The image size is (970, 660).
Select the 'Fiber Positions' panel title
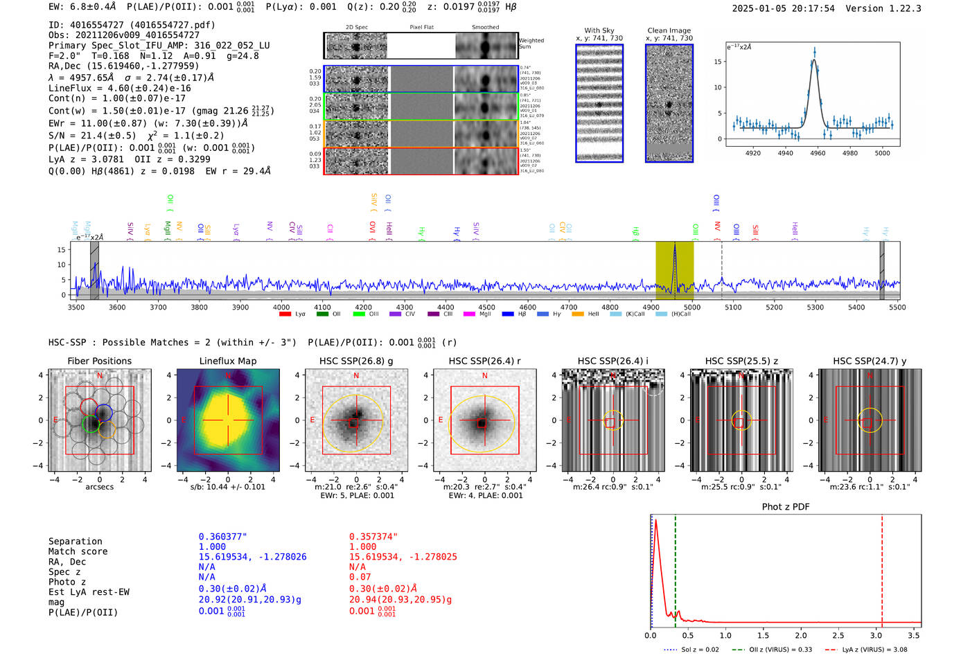99,361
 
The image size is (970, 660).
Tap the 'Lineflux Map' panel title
227,361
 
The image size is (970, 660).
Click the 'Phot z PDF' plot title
785,507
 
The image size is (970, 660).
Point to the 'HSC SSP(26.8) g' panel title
356,361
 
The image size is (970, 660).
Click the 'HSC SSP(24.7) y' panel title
870,361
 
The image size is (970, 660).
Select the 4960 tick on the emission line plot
818,153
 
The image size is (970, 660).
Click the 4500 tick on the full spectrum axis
486,307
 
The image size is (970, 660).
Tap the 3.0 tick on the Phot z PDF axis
876,635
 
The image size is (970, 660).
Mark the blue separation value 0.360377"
222,537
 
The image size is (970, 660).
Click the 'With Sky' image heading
599,30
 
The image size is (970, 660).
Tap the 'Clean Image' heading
669,30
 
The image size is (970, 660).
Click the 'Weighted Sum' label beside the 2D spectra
531,44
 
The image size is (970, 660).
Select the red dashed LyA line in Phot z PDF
882,568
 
